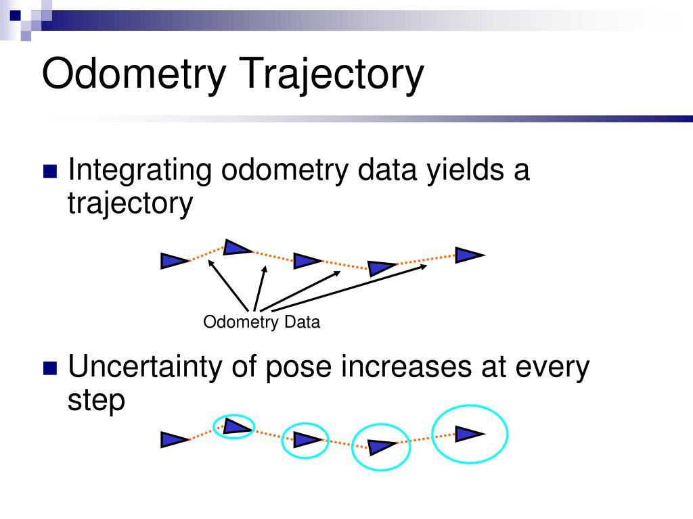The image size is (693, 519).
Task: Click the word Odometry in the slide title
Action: tap(131, 74)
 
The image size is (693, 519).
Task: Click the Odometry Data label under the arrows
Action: tap(261, 322)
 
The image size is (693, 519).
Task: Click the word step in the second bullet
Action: tap(96, 400)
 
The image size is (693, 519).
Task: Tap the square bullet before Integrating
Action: tap(51, 171)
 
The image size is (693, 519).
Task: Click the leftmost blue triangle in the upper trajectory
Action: tap(173, 260)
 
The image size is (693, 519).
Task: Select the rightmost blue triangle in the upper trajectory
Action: tap(468, 255)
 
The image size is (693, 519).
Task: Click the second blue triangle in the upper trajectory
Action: tap(236, 247)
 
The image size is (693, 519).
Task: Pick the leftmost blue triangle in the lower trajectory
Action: tap(173, 440)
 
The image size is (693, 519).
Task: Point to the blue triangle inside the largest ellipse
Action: tap(468, 434)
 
